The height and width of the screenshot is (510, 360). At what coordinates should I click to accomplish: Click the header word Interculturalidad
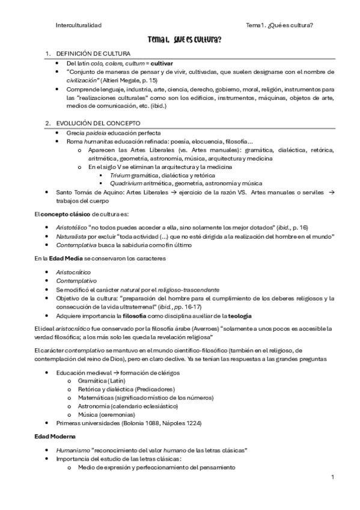(x=78, y=25)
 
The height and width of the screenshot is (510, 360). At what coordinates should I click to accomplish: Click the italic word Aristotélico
(x=72, y=227)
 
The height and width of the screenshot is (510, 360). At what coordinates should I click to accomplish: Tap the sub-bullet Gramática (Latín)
(x=98, y=381)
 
